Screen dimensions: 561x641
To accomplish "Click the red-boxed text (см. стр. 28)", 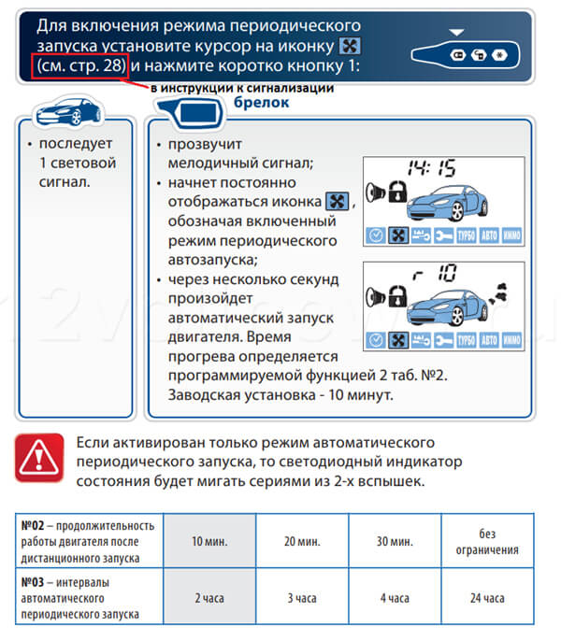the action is [x=80, y=65].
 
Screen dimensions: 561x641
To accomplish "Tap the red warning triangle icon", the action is [x=39, y=457].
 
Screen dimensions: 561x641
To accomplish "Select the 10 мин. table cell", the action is [x=209, y=540].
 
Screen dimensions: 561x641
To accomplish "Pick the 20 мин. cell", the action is [x=302, y=540].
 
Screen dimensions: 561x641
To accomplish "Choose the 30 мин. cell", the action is [x=395, y=540].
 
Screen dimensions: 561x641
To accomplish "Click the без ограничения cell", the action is [x=487, y=540].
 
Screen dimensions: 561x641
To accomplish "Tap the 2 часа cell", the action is [x=209, y=597].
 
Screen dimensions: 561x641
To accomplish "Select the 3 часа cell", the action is [x=302, y=597].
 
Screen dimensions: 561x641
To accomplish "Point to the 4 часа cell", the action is [x=395, y=597].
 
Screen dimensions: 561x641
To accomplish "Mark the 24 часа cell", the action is [x=487, y=597].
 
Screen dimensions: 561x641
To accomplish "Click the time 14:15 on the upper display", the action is [x=432, y=167].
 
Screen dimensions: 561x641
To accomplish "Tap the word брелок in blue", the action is [x=261, y=102].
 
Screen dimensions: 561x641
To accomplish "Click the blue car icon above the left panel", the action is [x=68, y=111].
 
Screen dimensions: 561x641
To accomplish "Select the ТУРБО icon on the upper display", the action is [x=466, y=235].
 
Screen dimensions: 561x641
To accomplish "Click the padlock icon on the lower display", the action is [x=397, y=296].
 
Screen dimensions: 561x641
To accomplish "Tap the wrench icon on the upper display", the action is [x=443, y=235].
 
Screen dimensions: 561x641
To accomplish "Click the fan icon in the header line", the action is [x=350, y=46].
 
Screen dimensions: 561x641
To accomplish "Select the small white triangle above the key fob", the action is [x=456, y=33].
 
